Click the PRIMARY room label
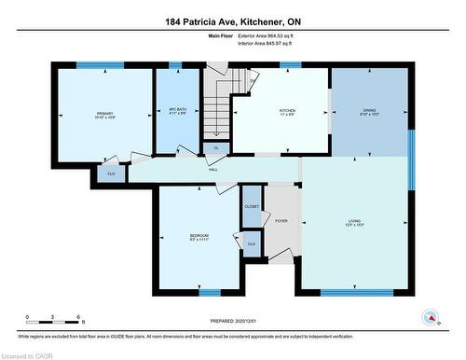(x=103, y=114)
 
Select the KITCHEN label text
(x=287, y=110)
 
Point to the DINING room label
(x=370, y=110)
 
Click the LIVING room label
(x=352, y=221)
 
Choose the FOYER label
(x=281, y=221)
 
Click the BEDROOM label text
(x=199, y=235)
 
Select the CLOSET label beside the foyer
(x=252, y=206)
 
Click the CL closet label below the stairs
(x=216, y=148)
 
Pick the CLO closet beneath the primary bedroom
(x=111, y=173)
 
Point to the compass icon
(x=430, y=317)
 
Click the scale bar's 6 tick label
(x=79, y=317)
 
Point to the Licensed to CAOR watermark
(x=28, y=354)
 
